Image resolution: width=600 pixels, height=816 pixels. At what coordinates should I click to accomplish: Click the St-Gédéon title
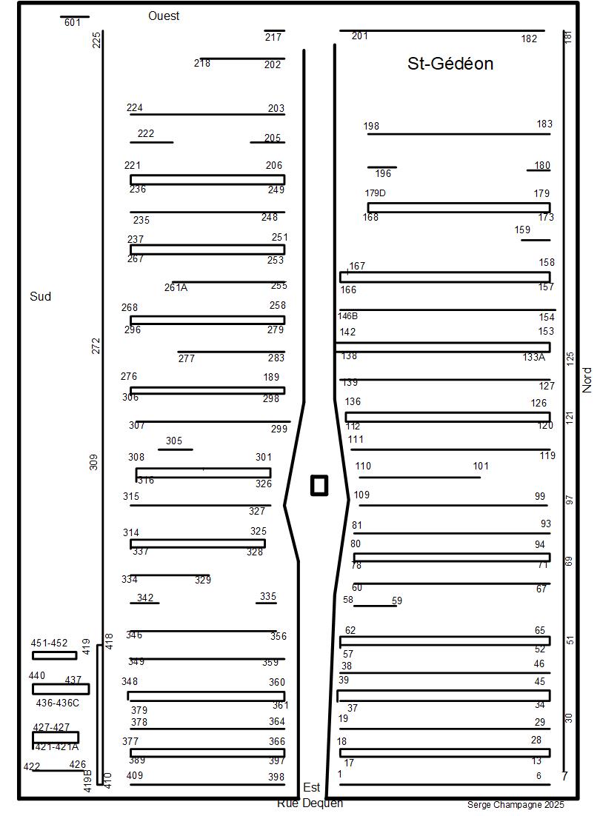click(x=450, y=64)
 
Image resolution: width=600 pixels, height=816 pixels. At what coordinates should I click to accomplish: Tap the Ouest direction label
click(x=164, y=16)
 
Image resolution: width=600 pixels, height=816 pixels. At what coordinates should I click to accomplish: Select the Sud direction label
click(x=41, y=296)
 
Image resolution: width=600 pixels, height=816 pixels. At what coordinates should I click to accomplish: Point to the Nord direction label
click(x=587, y=380)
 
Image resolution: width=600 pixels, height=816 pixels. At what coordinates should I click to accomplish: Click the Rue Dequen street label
click(x=310, y=803)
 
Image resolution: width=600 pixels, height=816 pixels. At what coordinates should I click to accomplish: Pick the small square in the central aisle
click(x=319, y=485)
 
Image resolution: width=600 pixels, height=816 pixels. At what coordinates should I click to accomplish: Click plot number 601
click(x=72, y=23)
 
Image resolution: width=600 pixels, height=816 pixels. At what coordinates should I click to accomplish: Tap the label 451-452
click(x=49, y=643)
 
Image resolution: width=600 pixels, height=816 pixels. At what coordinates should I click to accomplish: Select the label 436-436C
click(x=57, y=703)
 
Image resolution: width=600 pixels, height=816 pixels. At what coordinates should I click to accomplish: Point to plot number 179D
click(x=376, y=193)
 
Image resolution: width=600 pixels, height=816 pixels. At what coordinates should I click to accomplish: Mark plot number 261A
click(x=176, y=287)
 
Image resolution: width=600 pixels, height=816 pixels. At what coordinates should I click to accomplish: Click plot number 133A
click(x=533, y=357)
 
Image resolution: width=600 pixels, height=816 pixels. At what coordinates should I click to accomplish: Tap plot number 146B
click(x=348, y=315)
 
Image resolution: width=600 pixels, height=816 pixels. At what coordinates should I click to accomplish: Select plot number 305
click(x=173, y=441)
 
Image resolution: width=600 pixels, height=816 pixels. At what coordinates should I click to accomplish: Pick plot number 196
click(x=383, y=173)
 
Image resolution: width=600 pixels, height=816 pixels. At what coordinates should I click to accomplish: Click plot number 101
click(x=481, y=466)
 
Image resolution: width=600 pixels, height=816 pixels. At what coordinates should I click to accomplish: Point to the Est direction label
click(x=312, y=788)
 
